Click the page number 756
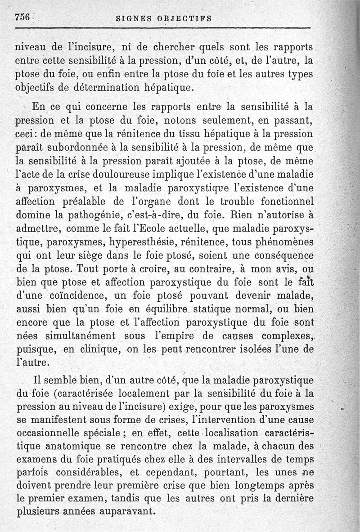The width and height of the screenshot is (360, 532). pos(22,17)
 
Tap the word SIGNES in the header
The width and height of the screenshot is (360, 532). pos(133,18)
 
